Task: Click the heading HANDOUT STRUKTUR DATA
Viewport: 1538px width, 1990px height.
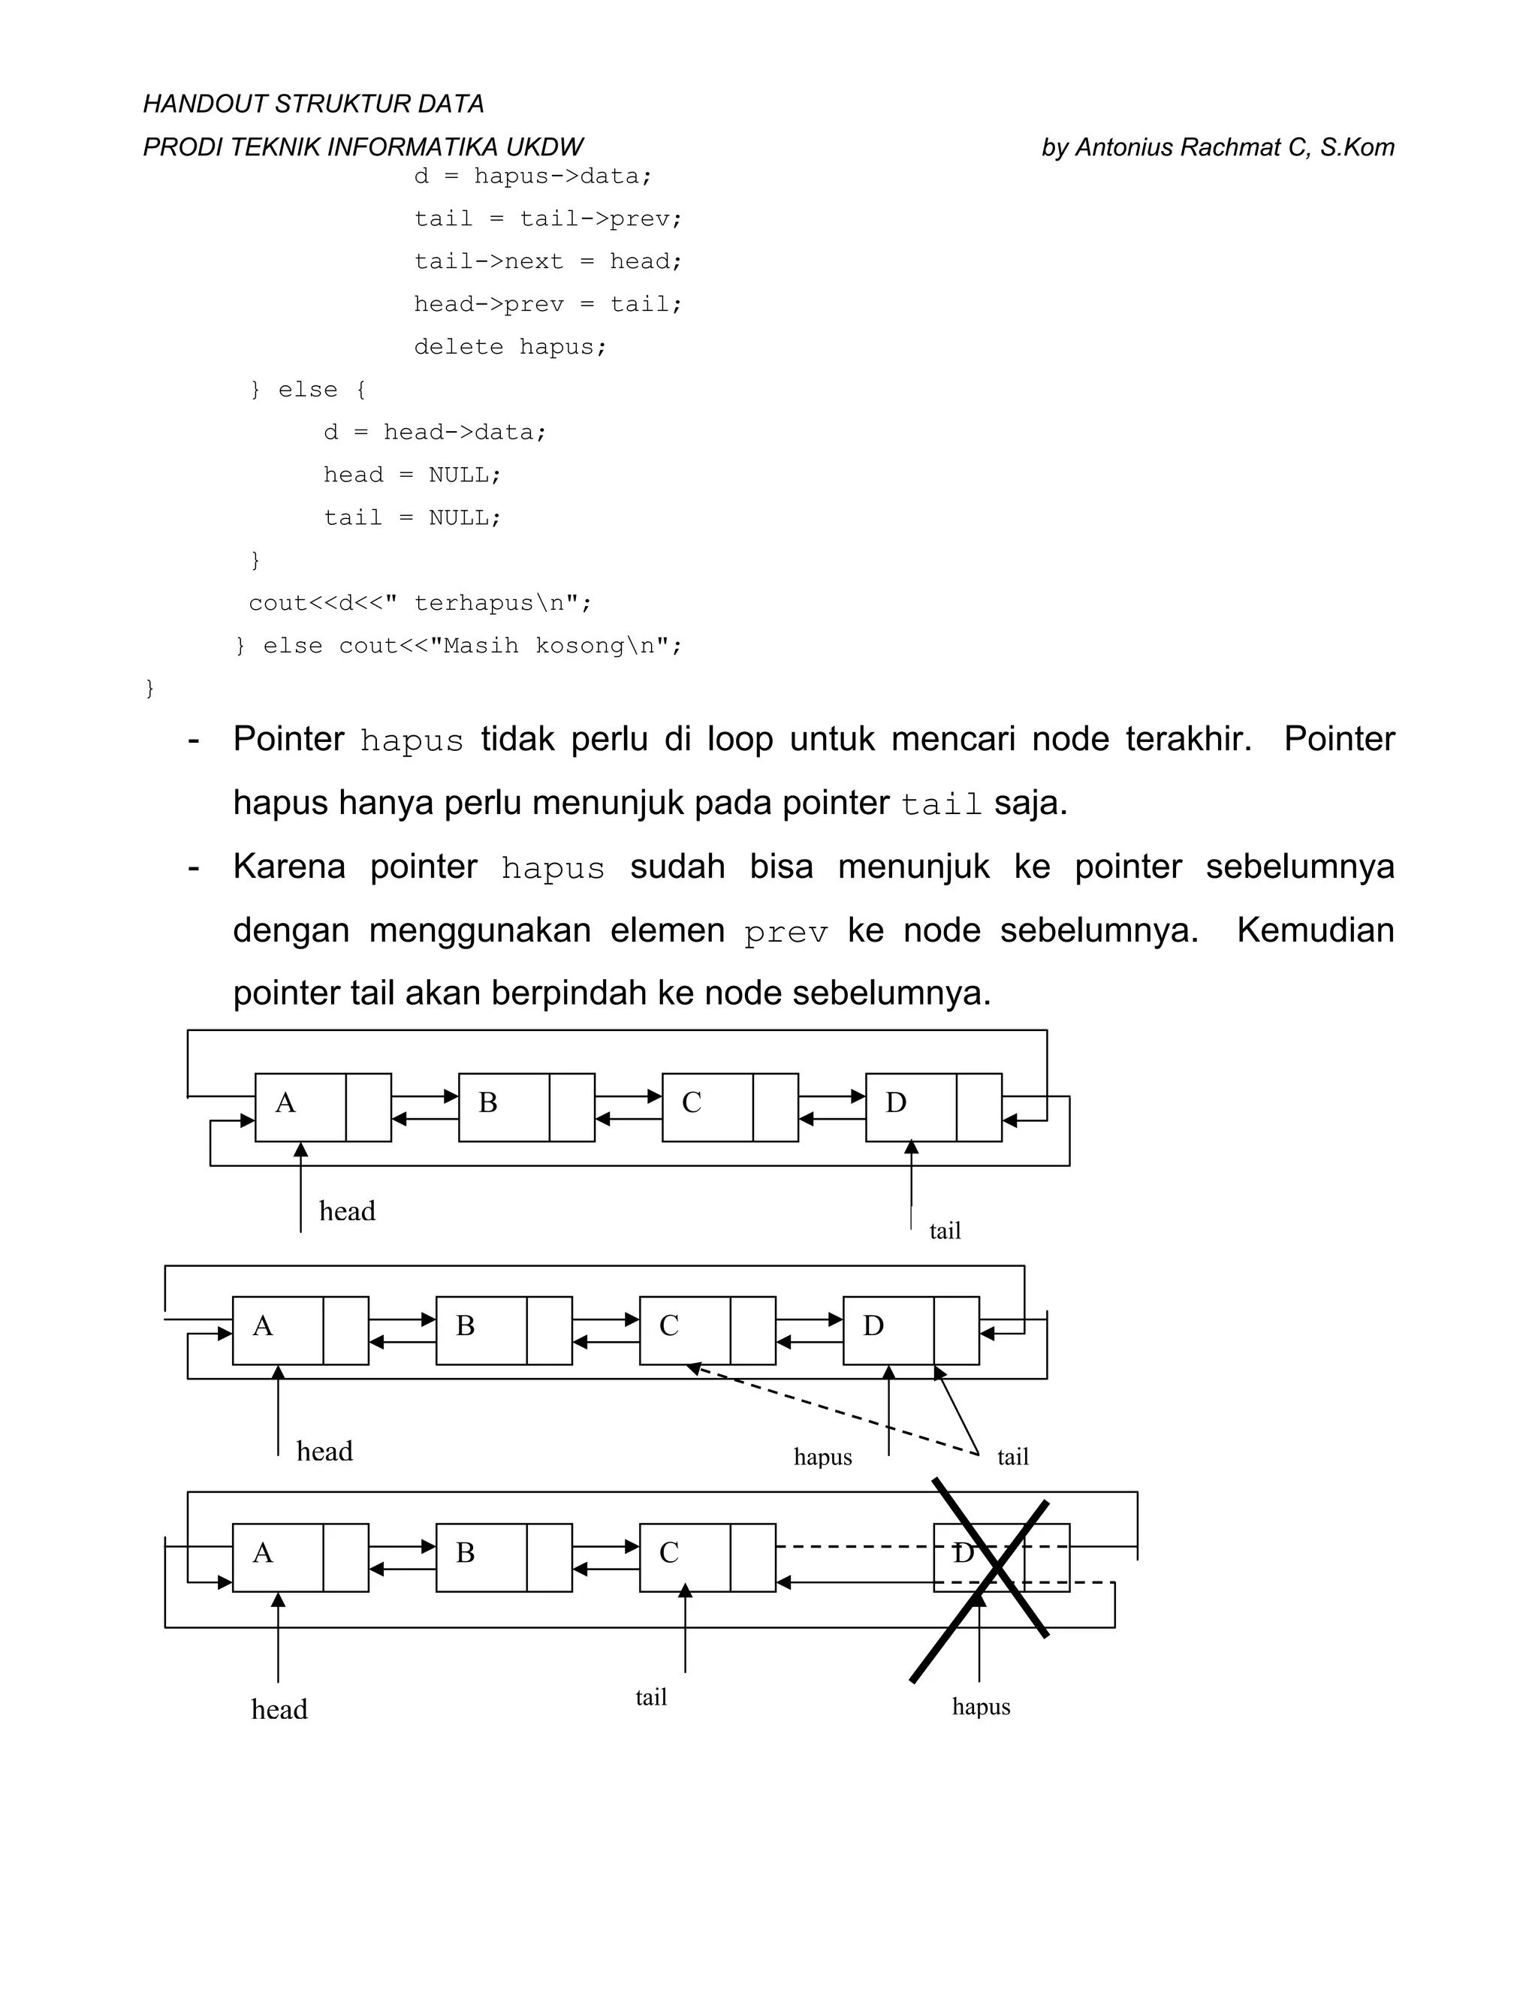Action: click(x=312, y=104)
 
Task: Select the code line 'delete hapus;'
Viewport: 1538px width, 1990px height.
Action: click(x=509, y=347)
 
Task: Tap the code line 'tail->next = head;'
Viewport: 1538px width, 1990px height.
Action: click(x=547, y=261)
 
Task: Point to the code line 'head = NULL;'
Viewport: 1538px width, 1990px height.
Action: click(x=412, y=475)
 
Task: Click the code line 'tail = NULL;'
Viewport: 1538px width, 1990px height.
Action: click(x=412, y=517)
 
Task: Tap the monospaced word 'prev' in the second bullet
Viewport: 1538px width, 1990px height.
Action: click(x=786, y=932)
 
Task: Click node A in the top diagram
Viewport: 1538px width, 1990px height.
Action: click(x=300, y=1106)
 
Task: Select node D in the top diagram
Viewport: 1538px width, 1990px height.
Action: click(x=911, y=1106)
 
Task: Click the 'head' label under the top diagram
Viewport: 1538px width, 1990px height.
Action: click(x=347, y=1211)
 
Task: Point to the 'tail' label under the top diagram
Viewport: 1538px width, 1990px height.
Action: click(x=945, y=1231)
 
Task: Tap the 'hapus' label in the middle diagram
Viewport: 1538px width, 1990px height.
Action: click(x=823, y=1457)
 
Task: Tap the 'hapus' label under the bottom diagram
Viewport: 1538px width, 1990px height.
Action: click(x=982, y=1707)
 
